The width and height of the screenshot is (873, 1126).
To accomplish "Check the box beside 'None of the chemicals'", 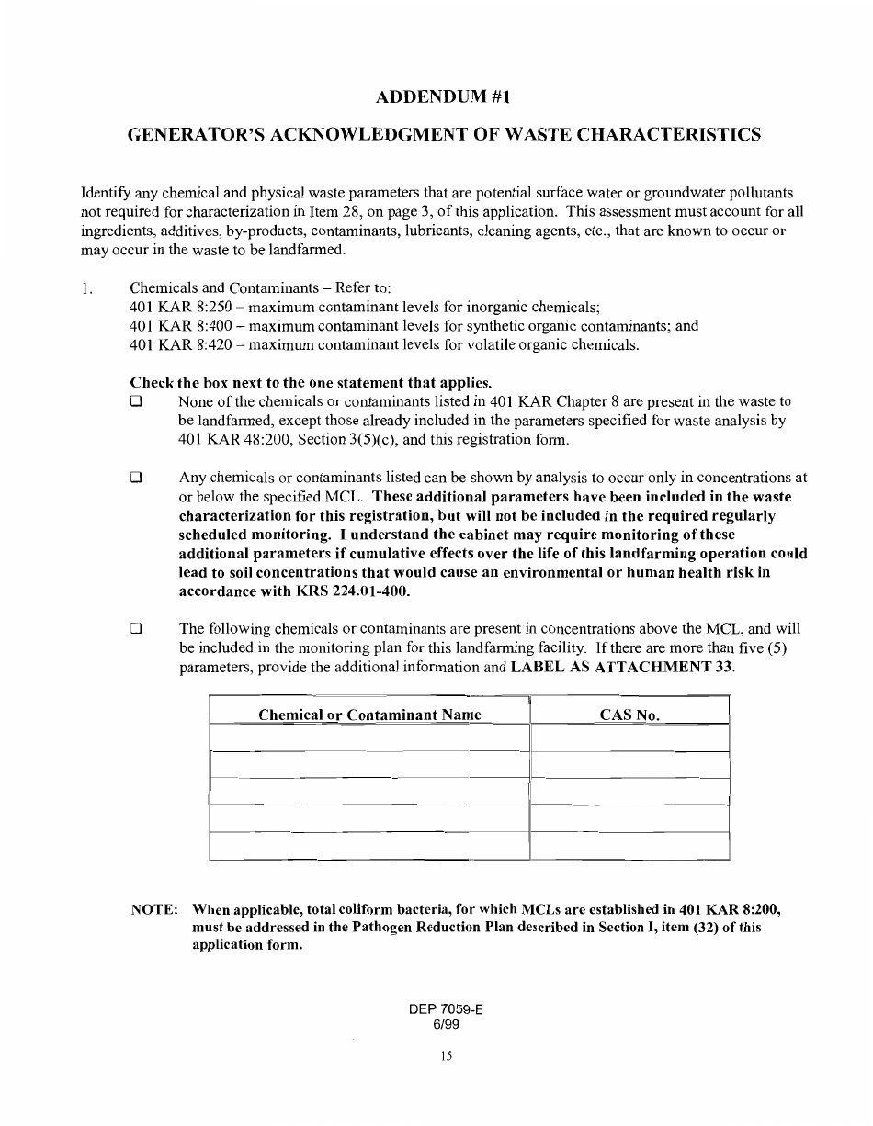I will point(136,402).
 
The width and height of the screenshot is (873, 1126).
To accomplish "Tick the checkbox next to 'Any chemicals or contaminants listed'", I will point(136,478).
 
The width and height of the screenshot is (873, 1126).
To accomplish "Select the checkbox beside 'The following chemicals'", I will point(136,629).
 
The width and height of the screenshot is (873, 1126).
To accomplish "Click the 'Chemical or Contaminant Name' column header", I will point(369,715).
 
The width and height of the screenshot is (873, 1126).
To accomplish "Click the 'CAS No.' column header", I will point(629,715).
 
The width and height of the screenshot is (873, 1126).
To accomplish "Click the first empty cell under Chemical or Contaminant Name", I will point(369,738).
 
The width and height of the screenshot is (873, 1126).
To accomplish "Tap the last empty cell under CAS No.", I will point(629,846).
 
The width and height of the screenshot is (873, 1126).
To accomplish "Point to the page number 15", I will point(446,1056).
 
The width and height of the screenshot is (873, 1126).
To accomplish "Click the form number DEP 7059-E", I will point(446,1008).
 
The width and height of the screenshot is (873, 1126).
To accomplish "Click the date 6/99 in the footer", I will point(446,1023).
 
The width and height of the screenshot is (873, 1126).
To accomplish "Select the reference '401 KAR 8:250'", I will point(181,307).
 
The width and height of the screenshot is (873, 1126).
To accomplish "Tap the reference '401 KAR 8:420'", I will point(181,345).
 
